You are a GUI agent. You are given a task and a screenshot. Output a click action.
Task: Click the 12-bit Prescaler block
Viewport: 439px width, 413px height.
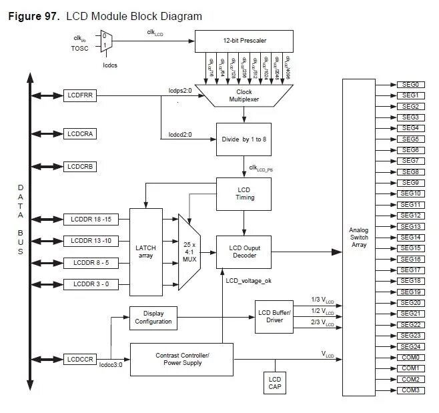245,41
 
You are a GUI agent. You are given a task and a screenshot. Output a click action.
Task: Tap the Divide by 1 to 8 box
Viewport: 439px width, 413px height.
244,139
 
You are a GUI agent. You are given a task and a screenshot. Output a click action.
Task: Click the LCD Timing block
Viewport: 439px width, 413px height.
244,193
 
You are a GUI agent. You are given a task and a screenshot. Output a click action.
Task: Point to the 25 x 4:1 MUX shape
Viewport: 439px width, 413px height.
190,252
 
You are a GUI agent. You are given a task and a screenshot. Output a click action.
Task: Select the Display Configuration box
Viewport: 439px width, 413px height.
153,318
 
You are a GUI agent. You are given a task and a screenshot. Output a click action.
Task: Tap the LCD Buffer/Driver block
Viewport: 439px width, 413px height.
274,316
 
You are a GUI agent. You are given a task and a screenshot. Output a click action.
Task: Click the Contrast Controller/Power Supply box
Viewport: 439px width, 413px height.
181,359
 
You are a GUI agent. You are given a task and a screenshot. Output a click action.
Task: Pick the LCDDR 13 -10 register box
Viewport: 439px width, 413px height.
91,240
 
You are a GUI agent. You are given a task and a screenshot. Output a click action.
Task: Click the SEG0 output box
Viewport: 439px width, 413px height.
410,85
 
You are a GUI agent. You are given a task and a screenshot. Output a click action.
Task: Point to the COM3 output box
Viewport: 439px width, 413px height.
410,390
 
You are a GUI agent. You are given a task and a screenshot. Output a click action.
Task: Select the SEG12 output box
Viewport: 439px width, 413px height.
410,216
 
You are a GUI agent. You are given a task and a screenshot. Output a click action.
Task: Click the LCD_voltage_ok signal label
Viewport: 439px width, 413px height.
248,281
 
